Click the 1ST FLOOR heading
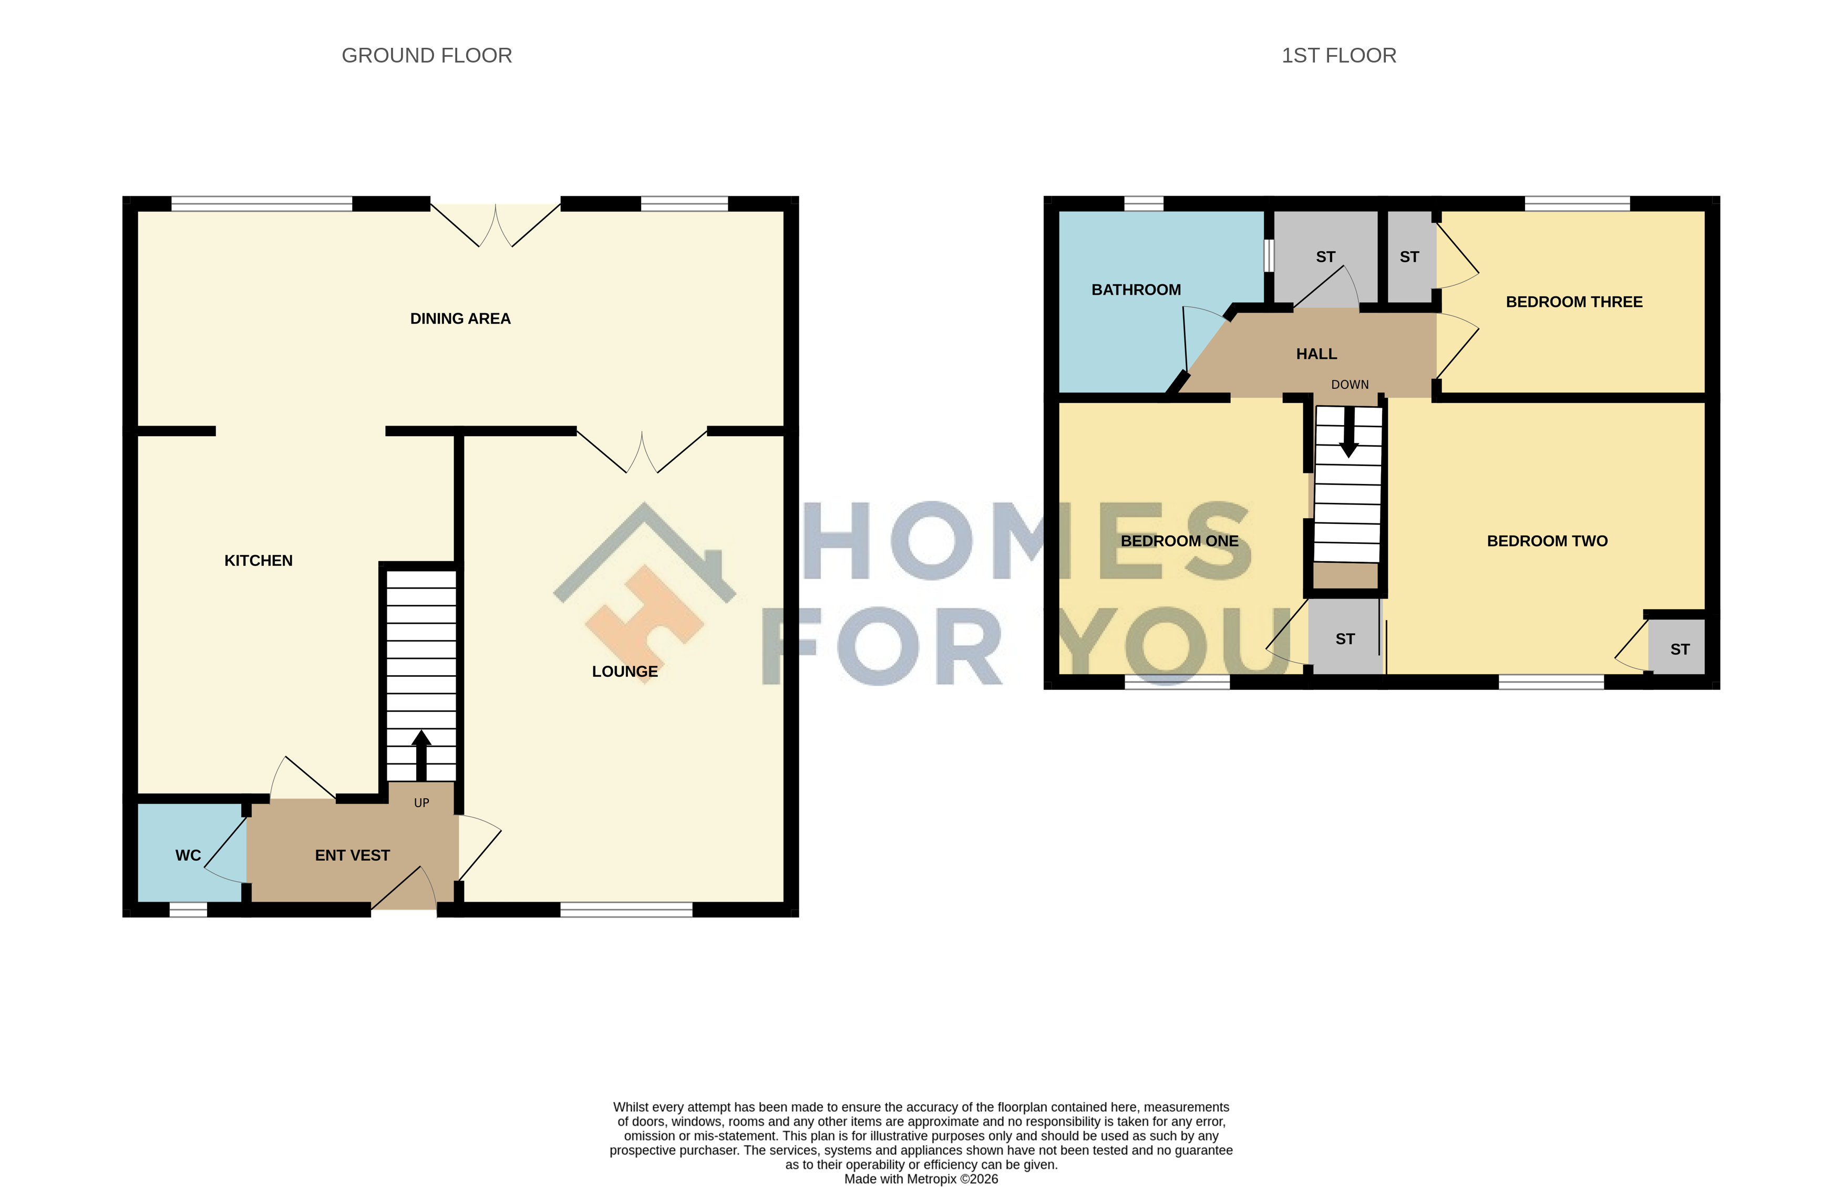pos(1339,56)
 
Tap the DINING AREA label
pos(460,318)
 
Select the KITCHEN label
pos(258,560)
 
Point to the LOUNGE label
pos(624,672)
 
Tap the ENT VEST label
pos(352,855)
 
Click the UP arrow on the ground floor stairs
pos(421,756)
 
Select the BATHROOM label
pos(1136,290)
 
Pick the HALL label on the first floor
pos(1316,354)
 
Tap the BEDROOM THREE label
pos(1574,302)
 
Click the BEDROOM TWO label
pos(1547,541)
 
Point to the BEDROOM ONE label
pos(1179,541)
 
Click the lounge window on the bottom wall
pos(626,910)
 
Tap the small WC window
pos(188,910)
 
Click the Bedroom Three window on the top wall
pos(1577,203)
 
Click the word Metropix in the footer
pos(931,1179)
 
